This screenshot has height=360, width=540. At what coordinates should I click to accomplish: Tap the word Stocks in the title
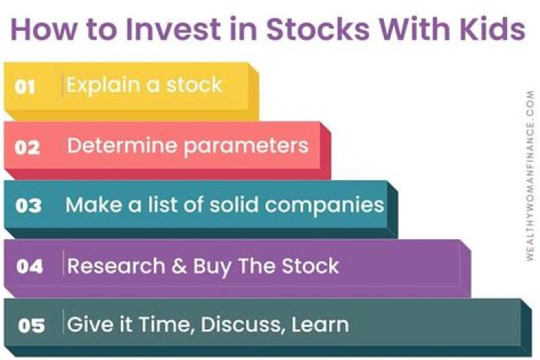(x=317, y=28)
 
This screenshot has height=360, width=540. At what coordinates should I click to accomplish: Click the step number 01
(x=25, y=86)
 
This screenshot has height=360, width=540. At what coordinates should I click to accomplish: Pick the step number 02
(x=27, y=148)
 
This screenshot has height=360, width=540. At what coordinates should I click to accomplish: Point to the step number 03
(x=28, y=205)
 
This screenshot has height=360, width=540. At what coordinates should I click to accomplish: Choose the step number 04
(x=29, y=266)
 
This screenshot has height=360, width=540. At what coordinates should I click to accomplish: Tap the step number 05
(x=31, y=325)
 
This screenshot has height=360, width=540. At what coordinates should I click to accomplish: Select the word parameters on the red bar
(x=246, y=147)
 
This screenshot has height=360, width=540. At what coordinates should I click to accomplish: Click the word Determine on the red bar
(x=122, y=145)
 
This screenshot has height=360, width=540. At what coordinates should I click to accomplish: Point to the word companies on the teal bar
(x=325, y=205)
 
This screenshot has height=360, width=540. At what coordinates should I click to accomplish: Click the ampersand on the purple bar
(x=178, y=266)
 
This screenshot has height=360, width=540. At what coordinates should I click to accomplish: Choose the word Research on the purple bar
(x=116, y=266)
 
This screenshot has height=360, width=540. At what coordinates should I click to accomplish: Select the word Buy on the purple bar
(x=211, y=267)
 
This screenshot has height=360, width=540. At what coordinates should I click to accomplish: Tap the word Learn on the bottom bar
(x=320, y=325)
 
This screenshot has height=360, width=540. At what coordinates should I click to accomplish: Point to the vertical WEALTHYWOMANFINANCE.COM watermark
(x=530, y=175)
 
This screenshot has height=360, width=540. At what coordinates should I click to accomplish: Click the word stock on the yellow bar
(x=194, y=85)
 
